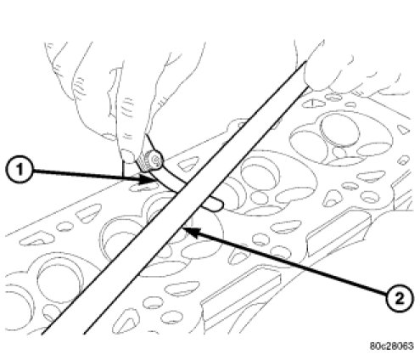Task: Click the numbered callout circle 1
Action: pos(19,171)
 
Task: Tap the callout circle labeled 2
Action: pos(399,298)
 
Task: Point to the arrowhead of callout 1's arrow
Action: pos(146,179)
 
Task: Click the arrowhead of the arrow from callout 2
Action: pos(190,231)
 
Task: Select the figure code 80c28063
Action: pos(391,346)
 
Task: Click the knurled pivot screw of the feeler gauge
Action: pos(151,162)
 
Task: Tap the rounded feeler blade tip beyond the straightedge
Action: pos(216,205)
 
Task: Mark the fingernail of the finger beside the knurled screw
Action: pos(129,156)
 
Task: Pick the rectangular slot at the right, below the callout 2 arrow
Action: pos(338,233)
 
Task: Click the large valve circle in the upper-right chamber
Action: pos(340,130)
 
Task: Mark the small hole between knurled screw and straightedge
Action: pos(186,164)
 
